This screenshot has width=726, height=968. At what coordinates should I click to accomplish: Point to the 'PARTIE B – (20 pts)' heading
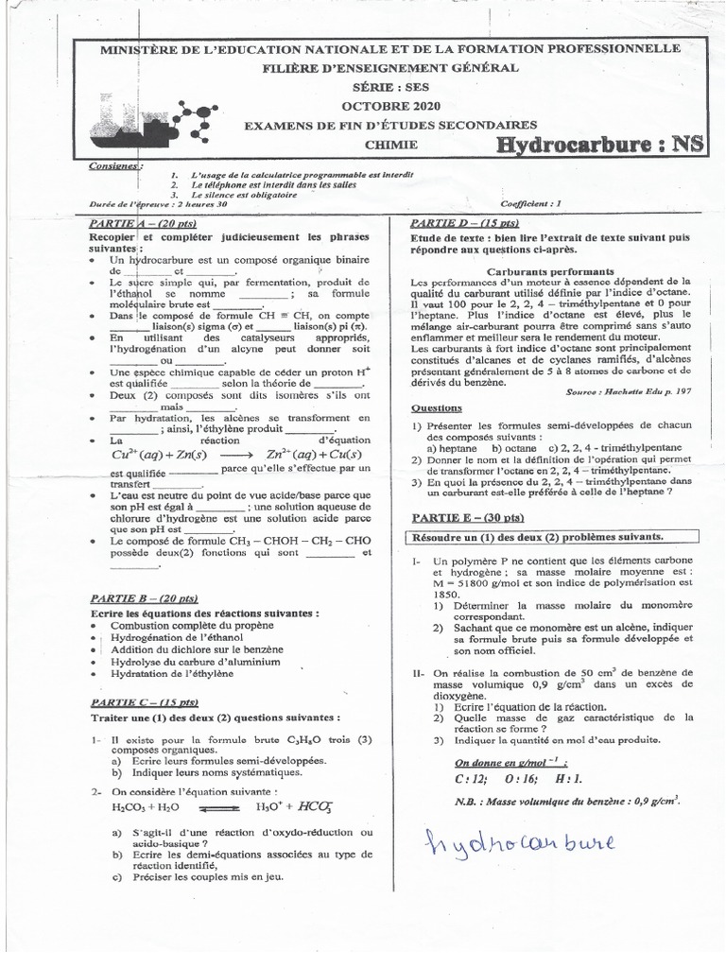144,598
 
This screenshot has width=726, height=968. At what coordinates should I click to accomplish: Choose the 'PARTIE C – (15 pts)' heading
145,702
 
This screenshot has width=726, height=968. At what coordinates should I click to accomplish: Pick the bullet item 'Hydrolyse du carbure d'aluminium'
195,662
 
